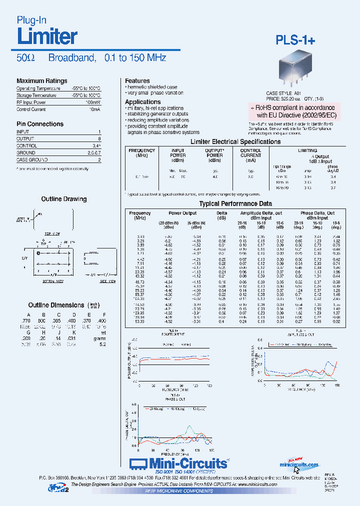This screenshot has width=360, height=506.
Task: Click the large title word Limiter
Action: (x=47, y=36)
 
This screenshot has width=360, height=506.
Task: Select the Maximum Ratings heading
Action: (x=41, y=81)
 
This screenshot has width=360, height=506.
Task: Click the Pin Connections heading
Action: (x=40, y=124)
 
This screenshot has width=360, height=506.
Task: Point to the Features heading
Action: (x=137, y=80)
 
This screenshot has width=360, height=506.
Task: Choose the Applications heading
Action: (x=142, y=101)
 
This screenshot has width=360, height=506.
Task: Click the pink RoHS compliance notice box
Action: (x=294, y=111)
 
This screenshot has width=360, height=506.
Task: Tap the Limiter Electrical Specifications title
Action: (x=235, y=141)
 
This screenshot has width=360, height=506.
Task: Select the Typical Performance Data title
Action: (x=235, y=203)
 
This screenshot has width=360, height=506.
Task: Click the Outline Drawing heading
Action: (x=63, y=199)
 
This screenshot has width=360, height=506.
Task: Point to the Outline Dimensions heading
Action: (x=56, y=305)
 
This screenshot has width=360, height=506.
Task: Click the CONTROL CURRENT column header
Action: (x=250, y=155)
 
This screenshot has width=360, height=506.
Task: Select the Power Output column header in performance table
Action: (x=182, y=212)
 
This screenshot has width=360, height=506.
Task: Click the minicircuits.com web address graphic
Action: (x=299, y=464)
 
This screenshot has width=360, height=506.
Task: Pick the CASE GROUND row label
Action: (x=32, y=160)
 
